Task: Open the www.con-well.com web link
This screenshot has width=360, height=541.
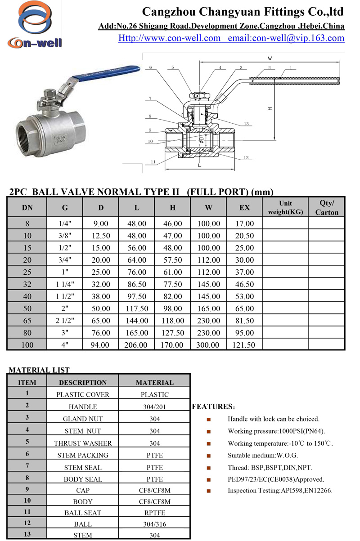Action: point(170,38)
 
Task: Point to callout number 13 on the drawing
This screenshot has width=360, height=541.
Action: point(246,124)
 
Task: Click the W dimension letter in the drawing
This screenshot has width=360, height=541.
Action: point(270,58)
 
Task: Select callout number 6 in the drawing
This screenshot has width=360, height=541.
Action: point(150,67)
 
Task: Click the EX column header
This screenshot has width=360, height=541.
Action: point(244,208)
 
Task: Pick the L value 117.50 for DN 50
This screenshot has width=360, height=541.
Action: point(137,309)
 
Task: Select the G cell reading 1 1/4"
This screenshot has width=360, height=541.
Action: point(65,285)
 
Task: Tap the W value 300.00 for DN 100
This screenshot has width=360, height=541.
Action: point(209,345)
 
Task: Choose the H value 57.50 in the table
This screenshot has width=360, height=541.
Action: point(173,260)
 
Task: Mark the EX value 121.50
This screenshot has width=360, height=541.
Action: point(244,345)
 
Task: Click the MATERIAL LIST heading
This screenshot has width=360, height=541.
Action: point(39,370)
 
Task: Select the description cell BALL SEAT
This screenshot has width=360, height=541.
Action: point(83,513)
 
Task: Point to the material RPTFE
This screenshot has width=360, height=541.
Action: point(155,513)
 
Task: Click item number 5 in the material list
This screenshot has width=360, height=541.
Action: point(27,443)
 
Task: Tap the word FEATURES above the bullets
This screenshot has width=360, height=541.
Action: point(211,407)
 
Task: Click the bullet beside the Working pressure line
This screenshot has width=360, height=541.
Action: point(209,431)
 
